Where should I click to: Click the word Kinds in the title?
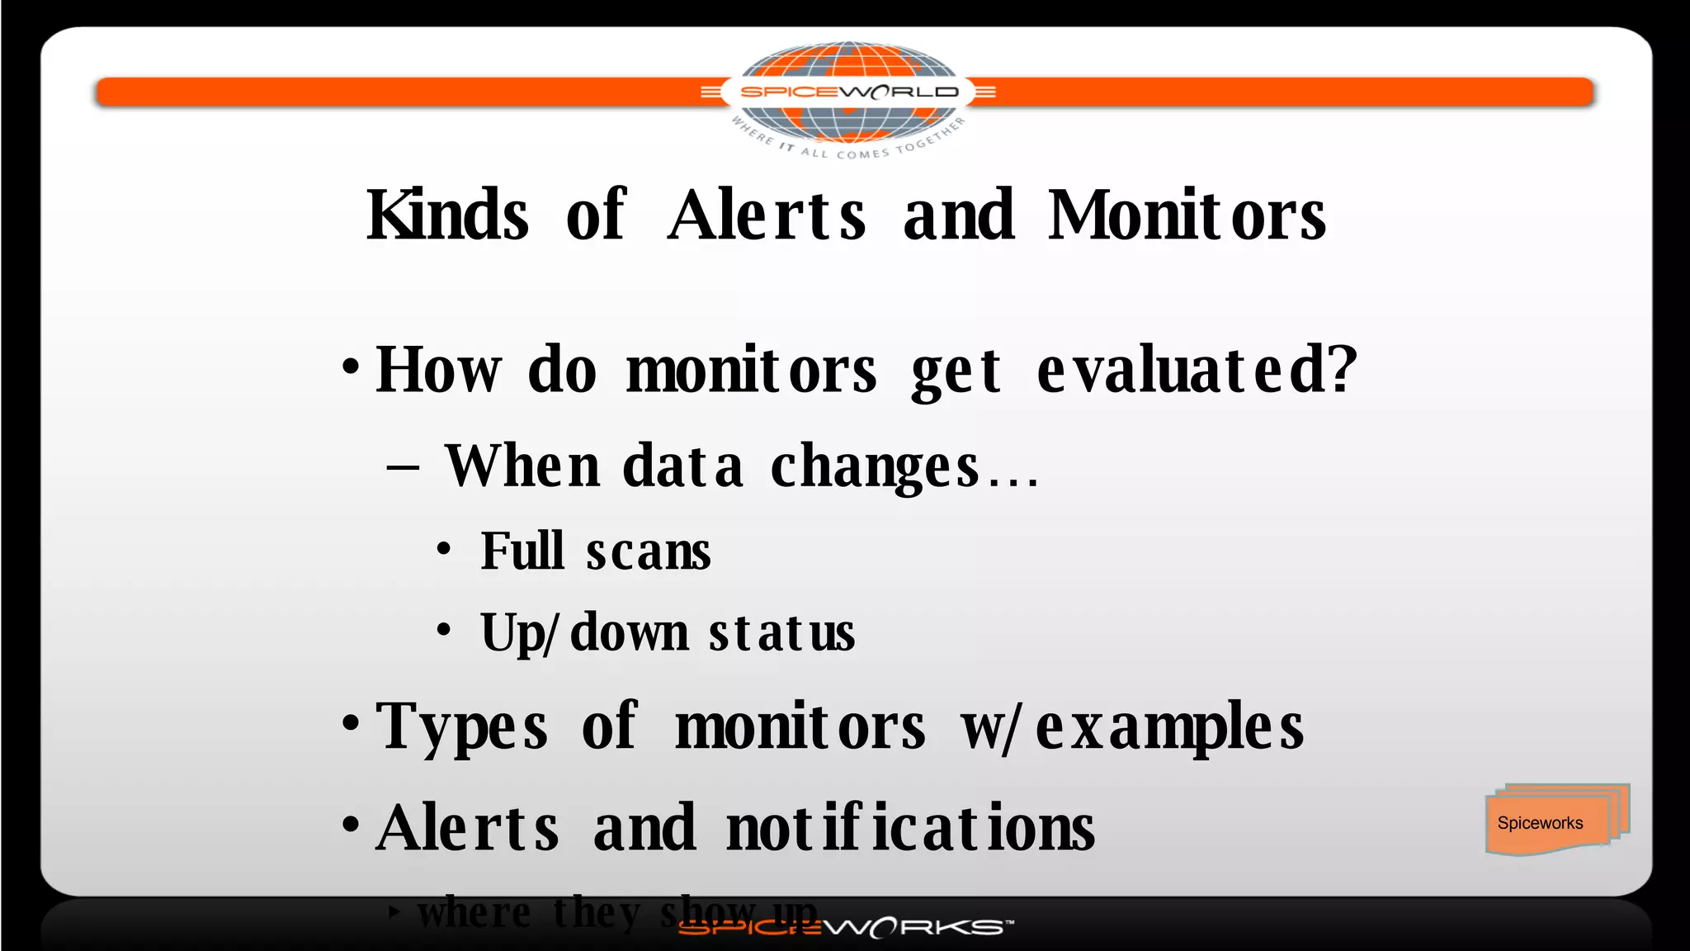[x=447, y=215]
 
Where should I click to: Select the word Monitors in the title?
[x=1187, y=215]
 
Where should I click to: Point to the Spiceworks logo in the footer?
[x=845, y=928]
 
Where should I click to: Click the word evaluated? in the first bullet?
[x=1197, y=370]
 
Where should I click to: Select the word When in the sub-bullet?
[x=522, y=466]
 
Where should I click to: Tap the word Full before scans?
[x=522, y=551]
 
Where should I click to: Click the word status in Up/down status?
[x=781, y=634]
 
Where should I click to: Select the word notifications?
[x=910, y=828]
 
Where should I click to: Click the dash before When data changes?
[x=403, y=468]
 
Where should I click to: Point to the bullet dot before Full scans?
[x=444, y=548]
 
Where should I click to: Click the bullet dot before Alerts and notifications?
[x=351, y=825]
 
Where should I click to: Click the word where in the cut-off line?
[x=474, y=913]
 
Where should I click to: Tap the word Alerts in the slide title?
[x=767, y=215]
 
